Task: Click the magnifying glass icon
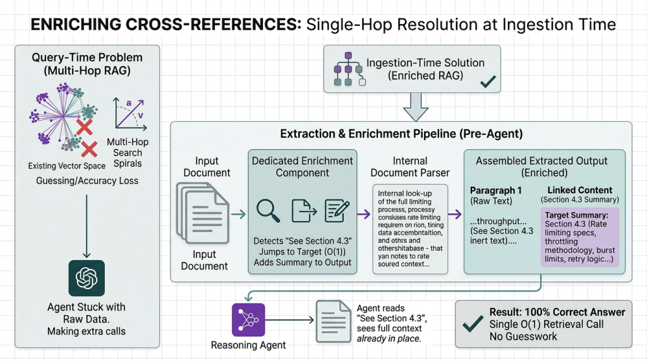pos(268,211)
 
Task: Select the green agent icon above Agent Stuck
pos(87,278)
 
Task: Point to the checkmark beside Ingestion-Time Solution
pos(487,82)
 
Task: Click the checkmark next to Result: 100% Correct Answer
pos(473,324)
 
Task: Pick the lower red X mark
pos(89,149)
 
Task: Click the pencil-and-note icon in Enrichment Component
pos(337,211)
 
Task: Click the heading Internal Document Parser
pos(409,167)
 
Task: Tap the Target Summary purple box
pos(579,237)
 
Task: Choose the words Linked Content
pos(579,190)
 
